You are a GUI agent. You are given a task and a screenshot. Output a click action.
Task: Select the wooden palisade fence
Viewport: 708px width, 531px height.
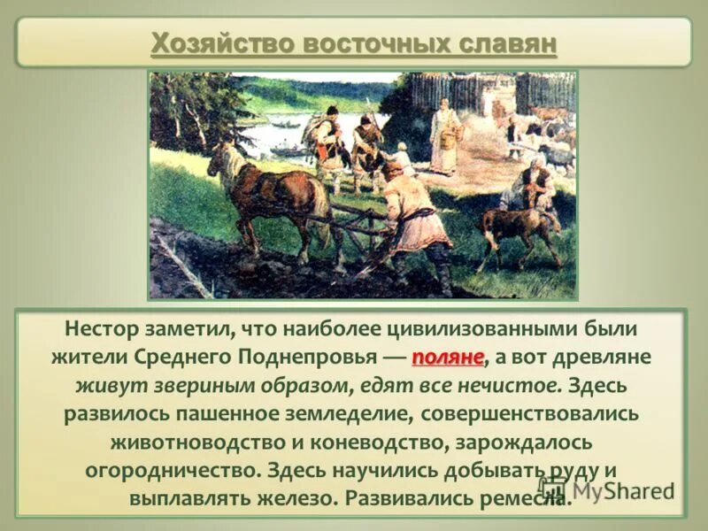point(478,93)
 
